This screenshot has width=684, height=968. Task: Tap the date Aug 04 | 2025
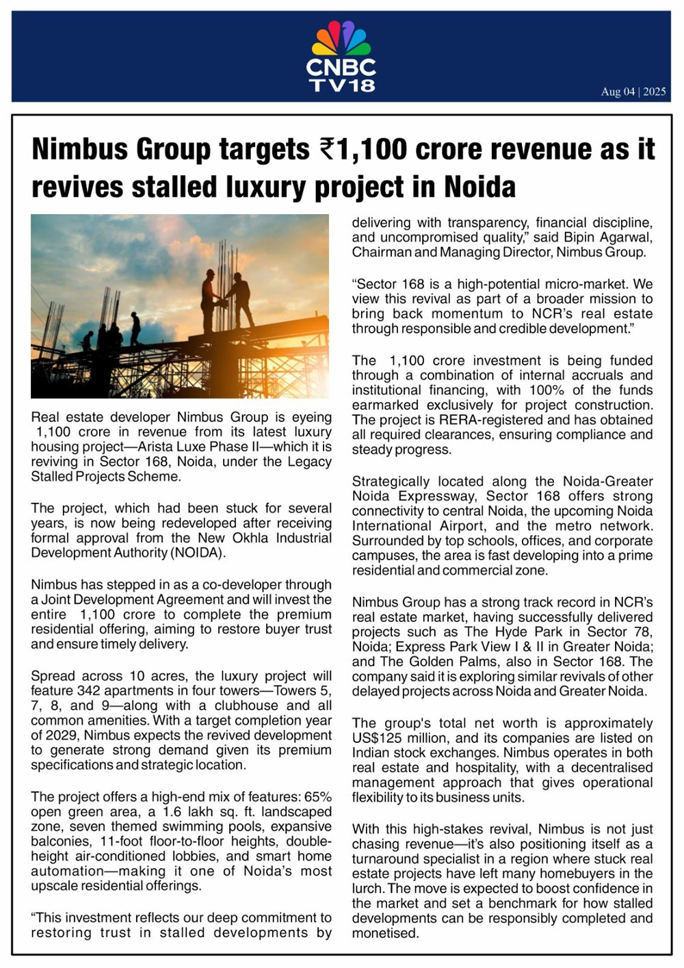(x=633, y=92)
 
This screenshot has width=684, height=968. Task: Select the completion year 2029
(x=59, y=735)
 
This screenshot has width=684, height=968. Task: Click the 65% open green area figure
(x=318, y=797)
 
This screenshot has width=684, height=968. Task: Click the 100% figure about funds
(x=547, y=391)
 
